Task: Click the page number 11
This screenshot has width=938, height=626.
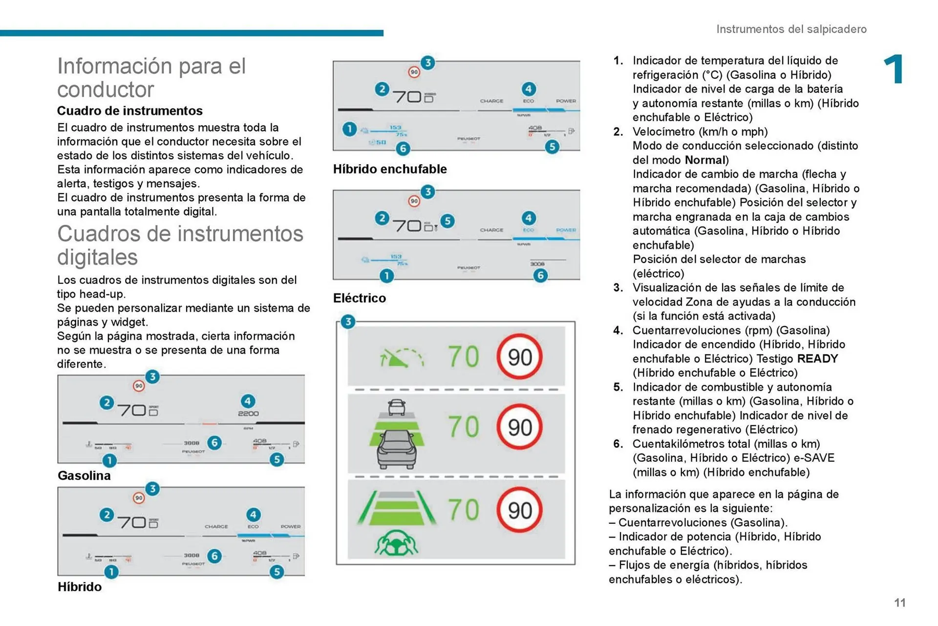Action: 899,603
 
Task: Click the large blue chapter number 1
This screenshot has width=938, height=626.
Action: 894,69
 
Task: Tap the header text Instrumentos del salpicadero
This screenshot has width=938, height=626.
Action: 791,29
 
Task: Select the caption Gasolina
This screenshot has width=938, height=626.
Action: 84,475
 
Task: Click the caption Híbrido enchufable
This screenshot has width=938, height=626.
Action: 390,169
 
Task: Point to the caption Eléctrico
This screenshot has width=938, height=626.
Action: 359,298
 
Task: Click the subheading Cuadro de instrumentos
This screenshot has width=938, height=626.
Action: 129,111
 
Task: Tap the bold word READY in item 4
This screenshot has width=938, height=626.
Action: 817,359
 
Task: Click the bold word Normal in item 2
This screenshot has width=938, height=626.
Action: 705,160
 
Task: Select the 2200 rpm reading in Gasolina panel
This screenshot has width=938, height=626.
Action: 248,413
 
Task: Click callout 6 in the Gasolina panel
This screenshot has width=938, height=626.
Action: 214,443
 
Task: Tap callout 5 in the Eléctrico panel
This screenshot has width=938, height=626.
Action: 447,221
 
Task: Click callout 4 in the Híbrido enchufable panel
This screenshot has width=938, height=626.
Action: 528,89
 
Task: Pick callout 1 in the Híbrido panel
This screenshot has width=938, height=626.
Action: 111,572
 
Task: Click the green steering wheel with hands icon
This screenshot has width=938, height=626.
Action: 396,542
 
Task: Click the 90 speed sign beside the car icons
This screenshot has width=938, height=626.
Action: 519,427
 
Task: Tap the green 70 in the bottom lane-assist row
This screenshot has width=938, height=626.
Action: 464,510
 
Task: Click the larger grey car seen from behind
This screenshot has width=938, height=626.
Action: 397,449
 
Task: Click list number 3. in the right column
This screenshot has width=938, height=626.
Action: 618,288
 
